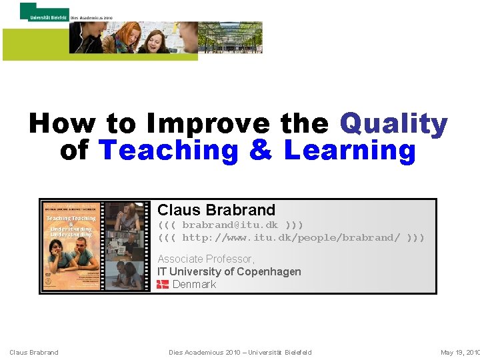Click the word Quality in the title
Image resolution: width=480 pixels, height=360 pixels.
coord(393,125)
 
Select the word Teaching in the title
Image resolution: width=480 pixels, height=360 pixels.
coord(167,151)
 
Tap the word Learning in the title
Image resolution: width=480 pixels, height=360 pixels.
coord(349,151)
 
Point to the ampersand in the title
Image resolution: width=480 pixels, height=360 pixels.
coord(260,151)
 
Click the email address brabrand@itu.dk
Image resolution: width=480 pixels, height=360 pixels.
coord(230,225)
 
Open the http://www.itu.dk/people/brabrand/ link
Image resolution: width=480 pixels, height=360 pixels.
coord(291,237)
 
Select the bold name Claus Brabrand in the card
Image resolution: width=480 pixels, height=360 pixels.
coord(216,210)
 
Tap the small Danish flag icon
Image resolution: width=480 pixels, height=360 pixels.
coord(163,285)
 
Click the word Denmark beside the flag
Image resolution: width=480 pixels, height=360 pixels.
coord(194,285)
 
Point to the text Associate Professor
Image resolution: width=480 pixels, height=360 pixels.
coord(205,259)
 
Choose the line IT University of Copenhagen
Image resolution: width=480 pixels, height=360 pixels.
coord(229,271)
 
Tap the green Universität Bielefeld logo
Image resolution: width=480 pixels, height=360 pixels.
coord(44,11)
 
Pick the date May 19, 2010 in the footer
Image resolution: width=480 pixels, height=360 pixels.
coord(459,352)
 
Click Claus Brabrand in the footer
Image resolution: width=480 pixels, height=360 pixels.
coord(33,352)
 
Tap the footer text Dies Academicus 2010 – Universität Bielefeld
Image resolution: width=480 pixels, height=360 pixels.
coord(240,352)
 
